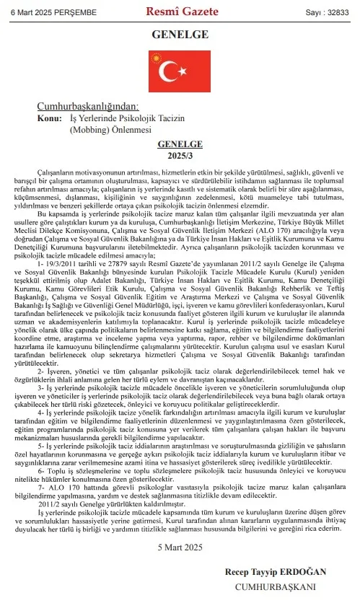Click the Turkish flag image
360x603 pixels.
[x=180, y=70]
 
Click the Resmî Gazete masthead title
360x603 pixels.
[x=180, y=12]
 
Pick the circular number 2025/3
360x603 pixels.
[x=180, y=156]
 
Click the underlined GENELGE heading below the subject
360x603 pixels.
[x=180, y=144]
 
